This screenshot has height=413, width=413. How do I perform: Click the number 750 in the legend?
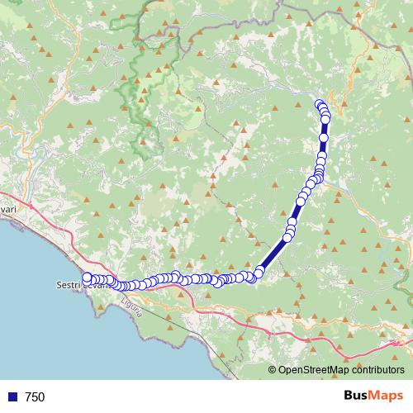point(35,397)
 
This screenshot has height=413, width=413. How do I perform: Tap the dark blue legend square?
point(12,397)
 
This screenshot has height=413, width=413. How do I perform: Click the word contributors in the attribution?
point(377,371)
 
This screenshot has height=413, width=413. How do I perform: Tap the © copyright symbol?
point(273,371)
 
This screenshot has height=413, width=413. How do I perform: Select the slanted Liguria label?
point(132,311)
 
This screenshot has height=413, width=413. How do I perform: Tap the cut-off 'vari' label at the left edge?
point(8,211)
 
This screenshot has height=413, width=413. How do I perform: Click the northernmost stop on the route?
point(320,103)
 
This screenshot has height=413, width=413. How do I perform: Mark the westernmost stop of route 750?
point(87,278)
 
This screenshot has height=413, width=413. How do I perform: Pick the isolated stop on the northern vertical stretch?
point(325,138)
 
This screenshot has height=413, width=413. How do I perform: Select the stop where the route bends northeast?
point(259,272)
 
